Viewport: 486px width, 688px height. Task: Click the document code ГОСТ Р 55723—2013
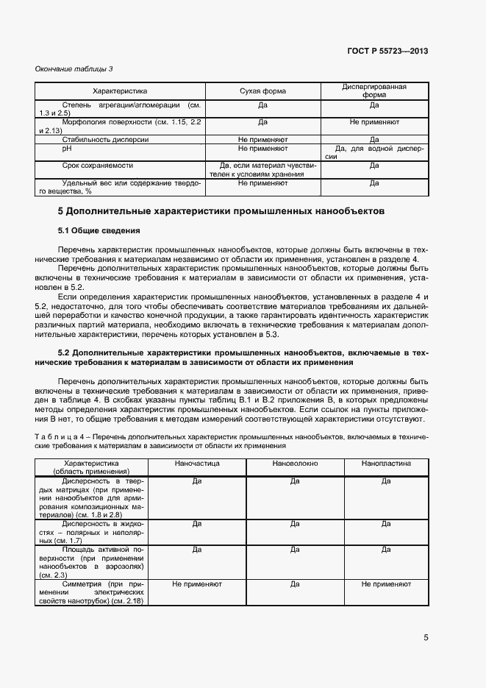387,51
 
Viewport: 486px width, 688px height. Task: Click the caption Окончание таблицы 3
74,68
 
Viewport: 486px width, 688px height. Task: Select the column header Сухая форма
262,91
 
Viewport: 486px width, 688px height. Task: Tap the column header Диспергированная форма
374,91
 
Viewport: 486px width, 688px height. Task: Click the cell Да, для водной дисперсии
374,152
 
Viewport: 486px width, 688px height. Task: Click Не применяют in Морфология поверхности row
374,121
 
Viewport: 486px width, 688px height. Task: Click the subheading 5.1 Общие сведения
99,231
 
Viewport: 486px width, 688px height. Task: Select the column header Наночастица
196,464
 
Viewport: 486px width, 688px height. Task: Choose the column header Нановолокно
294,464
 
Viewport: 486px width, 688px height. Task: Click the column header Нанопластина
386,464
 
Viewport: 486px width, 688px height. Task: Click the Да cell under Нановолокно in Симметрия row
294,584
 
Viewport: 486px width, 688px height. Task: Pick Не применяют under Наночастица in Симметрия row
196,584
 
